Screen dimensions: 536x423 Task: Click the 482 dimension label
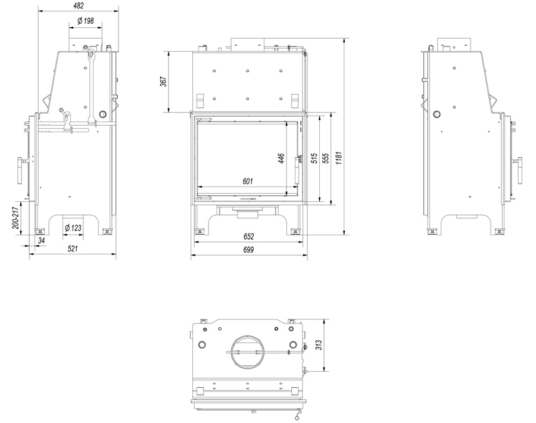click(x=78, y=5)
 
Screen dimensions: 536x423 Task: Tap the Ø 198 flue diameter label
click(x=85, y=21)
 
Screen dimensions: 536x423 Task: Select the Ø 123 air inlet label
click(x=73, y=228)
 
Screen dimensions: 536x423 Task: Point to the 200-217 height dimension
click(x=15, y=218)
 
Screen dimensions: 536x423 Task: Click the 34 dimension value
click(x=41, y=241)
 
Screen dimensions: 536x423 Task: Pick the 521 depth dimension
click(x=73, y=248)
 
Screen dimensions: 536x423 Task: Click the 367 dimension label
click(x=164, y=82)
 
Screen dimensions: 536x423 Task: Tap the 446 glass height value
click(x=281, y=158)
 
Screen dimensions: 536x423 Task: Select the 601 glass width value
click(x=248, y=181)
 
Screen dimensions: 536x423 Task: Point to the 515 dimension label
click(x=314, y=158)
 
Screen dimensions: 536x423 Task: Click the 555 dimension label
click(x=326, y=158)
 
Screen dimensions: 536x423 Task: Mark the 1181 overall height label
click(x=338, y=158)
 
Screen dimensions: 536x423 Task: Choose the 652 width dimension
click(x=249, y=237)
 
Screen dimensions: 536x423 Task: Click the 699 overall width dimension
click(x=248, y=250)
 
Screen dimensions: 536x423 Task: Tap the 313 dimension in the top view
click(x=319, y=345)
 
